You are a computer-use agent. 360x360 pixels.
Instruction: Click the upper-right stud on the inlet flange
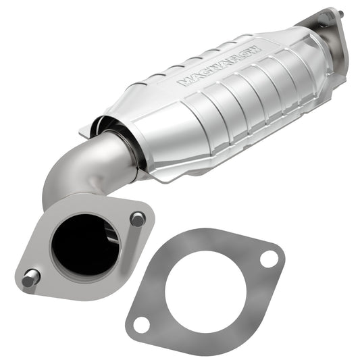coord(138,219)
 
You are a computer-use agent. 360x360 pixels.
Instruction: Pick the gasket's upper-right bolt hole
coord(268,258)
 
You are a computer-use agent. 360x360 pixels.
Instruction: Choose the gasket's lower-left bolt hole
coord(140,324)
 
